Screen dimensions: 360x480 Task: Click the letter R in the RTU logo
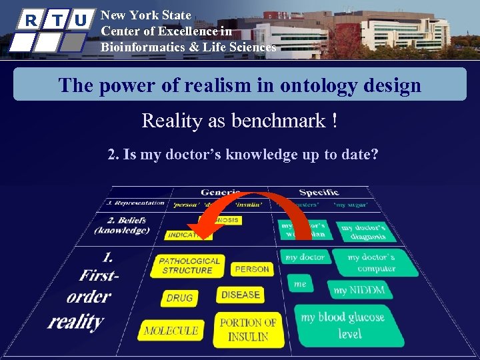coord(31,20)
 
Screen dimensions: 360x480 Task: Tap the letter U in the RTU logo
coord(81,20)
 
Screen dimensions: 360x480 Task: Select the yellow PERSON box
coord(252,269)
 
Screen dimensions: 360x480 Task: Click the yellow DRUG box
coord(179,298)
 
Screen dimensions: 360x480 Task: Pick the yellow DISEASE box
coord(240,295)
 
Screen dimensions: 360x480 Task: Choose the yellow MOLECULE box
coord(171,330)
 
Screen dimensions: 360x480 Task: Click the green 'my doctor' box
coord(305,257)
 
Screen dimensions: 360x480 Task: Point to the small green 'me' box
coord(301,284)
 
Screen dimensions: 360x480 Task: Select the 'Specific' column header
coord(318,193)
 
